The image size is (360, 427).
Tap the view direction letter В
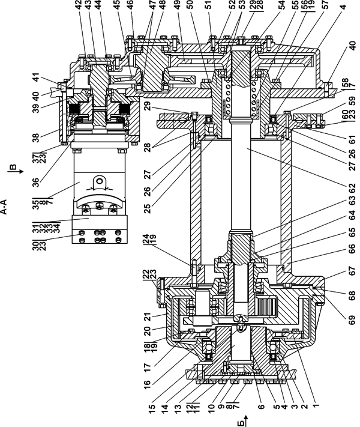(13, 167)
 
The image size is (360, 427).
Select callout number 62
(352, 188)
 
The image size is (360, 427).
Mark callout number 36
(35, 182)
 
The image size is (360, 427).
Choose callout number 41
(35, 78)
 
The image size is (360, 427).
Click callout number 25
(147, 208)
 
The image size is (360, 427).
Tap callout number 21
(147, 316)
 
